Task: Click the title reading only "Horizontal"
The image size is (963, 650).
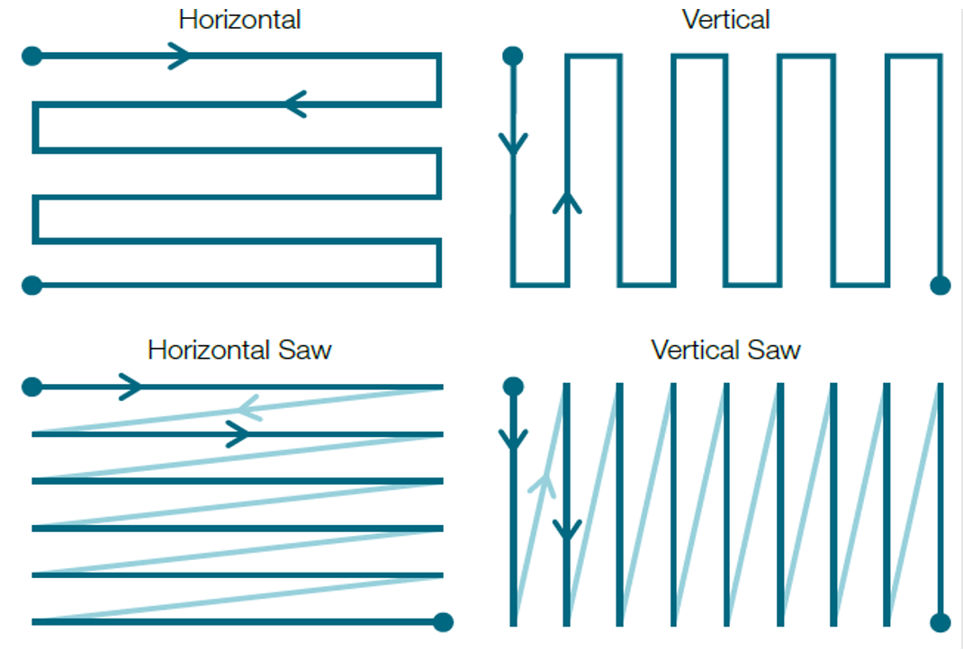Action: (x=239, y=20)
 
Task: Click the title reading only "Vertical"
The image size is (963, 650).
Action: (x=725, y=20)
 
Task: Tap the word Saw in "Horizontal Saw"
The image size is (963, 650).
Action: (x=304, y=350)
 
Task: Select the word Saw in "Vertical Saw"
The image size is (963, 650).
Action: (x=774, y=350)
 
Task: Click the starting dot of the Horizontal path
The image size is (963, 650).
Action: (x=31, y=56)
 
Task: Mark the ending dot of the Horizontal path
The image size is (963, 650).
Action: (x=31, y=285)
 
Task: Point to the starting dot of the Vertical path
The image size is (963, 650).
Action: (x=513, y=56)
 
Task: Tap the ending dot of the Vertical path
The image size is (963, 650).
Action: (x=940, y=285)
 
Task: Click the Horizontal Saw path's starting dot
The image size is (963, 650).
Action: (x=31, y=387)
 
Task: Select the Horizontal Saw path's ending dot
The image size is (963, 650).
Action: (x=443, y=622)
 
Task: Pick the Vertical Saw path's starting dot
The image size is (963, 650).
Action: (x=513, y=387)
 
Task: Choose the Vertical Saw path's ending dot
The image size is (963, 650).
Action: (x=940, y=622)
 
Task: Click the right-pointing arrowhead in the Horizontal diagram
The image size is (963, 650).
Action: (x=180, y=56)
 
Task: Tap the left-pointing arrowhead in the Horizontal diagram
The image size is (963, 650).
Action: (x=295, y=103)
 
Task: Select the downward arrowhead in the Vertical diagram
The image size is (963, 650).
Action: (x=513, y=145)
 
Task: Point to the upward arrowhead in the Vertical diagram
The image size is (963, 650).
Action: (x=567, y=202)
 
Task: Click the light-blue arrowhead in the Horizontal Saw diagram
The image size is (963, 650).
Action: (x=249, y=407)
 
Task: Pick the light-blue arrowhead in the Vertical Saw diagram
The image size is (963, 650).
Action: (x=543, y=485)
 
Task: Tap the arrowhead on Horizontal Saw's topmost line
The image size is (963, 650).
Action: (x=130, y=387)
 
